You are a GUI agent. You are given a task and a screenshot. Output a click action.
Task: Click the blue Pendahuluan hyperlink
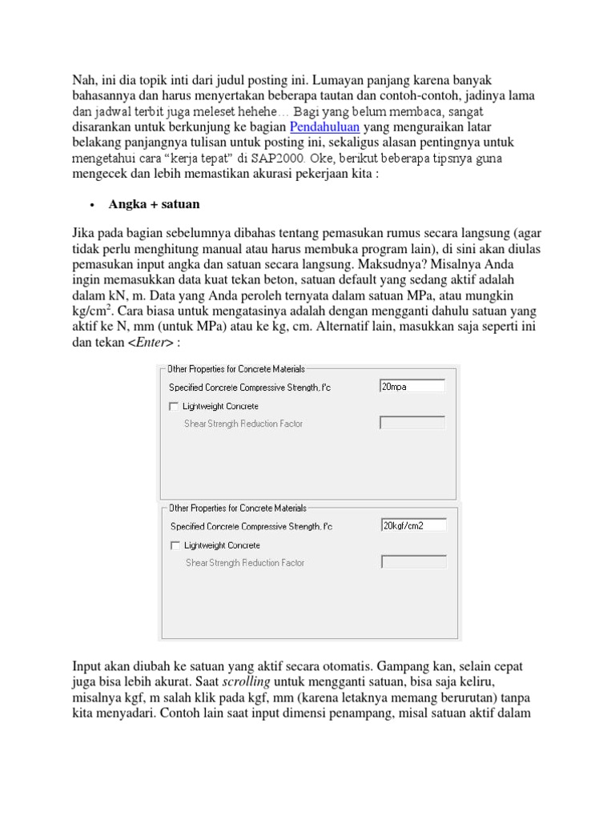coord(324,127)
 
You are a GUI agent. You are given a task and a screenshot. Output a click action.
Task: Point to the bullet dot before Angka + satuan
coord(92,205)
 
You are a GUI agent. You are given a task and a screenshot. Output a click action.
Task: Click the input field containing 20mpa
coord(412,387)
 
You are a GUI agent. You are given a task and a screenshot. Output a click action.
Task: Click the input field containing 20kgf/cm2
coord(413,525)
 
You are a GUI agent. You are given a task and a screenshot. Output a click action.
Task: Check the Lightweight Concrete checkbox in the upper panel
coord(174,407)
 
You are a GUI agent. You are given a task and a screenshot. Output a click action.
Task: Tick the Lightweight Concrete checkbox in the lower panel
coord(175,545)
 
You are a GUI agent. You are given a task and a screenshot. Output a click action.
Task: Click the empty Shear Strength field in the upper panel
coord(412,423)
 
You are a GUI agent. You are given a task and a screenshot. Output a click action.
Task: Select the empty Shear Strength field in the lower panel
coord(413,562)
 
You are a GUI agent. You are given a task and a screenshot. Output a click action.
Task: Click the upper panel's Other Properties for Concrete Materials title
coord(235,369)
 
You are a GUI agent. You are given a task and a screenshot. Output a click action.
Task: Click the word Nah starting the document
coord(86,81)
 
